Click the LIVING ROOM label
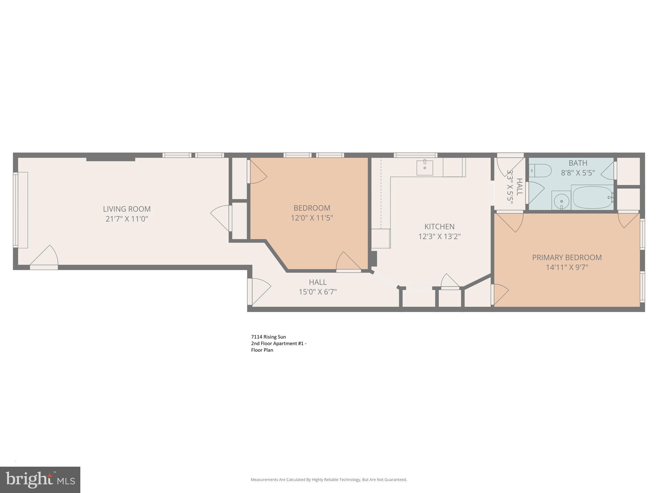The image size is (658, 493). click(x=127, y=209)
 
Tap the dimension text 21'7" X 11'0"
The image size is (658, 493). click(x=127, y=219)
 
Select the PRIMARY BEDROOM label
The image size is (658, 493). click(x=567, y=257)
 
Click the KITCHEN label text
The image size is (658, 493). click(x=439, y=227)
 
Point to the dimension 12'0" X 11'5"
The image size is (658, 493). click(x=312, y=218)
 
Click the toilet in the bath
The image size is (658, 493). click(x=540, y=170)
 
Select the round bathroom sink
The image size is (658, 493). click(x=561, y=201)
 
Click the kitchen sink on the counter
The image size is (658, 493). click(x=424, y=168)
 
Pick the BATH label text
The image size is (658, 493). click(x=578, y=163)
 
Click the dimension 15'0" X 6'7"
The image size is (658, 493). click(x=317, y=292)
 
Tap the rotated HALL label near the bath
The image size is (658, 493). click(x=519, y=187)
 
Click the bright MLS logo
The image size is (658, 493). click(x=40, y=480)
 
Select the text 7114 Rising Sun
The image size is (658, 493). click(x=268, y=337)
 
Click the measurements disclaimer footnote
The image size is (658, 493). click(x=329, y=480)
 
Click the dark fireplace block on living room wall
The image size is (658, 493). click(x=111, y=159)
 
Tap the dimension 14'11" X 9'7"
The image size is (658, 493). click(x=567, y=267)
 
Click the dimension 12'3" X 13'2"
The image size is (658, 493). click(x=439, y=237)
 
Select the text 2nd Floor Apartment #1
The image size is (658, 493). click(x=278, y=343)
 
